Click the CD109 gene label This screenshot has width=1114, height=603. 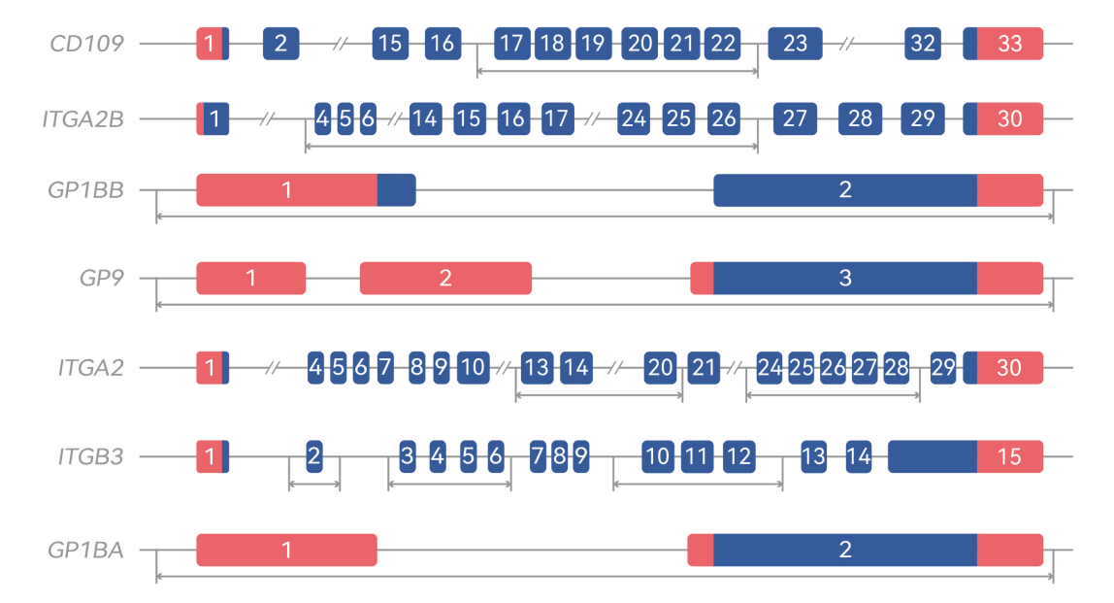click(x=87, y=44)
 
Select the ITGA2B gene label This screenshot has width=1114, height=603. click(x=82, y=118)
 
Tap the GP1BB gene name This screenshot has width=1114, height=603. click(x=85, y=190)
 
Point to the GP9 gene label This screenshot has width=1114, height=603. click(x=102, y=279)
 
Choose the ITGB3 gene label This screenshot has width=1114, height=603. click(x=90, y=455)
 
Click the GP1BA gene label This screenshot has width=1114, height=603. click(x=85, y=550)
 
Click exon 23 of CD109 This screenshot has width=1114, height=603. click(x=795, y=44)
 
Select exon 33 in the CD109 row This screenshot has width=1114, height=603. click(x=1009, y=44)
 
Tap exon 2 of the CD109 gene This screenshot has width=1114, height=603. click(x=280, y=44)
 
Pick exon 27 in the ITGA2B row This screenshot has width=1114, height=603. click(x=795, y=118)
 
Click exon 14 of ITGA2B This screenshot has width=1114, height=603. click(x=423, y=118)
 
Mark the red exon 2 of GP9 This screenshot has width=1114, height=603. click(x=445, y=279)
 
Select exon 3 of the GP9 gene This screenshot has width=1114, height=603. click(x=844, y=279)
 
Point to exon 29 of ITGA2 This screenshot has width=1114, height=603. click(x=942, y=368)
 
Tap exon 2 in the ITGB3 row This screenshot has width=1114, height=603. click(x=314, y=455)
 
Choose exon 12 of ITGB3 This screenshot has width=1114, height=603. click(x=738, y=455)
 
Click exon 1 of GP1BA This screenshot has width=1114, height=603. click(x=286, y=550)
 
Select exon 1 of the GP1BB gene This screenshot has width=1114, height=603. click(x=286, y=190)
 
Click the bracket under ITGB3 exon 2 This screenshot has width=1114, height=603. click(x=314, y=485)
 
